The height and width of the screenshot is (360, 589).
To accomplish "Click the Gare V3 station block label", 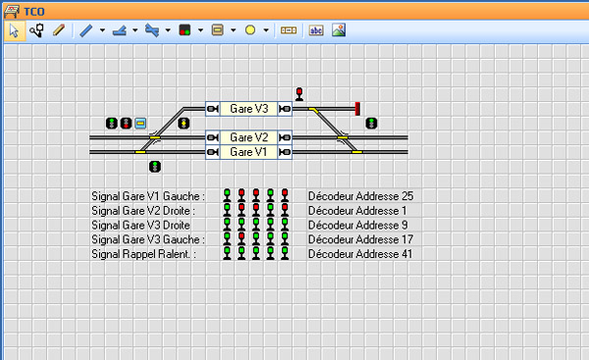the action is pyautogui.click(x=248, y=109).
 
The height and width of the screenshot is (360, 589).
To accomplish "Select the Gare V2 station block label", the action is pyautogui.click(x=248, y=137).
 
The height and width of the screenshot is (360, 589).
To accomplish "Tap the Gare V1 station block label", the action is pyautogui.click(x=248, y=152).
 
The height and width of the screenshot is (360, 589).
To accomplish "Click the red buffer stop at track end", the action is pyautogui.click(x=357, y=109).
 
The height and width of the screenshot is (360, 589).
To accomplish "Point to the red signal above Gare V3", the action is pyautogui.click(x=299, y=94).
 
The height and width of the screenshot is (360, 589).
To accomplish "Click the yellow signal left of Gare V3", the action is pyautogui.click(x=184, y=124).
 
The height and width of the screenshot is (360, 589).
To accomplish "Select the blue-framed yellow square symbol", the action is pyautogui.click(x=140, y=124).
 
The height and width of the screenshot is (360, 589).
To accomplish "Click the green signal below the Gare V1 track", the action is pyautogui.click(x=155, y=167).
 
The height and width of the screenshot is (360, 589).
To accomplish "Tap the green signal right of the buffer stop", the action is pyautogui.click(x=371, y=124).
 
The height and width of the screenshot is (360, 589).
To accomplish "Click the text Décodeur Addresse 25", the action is pyautogui.click(x=360, y=196).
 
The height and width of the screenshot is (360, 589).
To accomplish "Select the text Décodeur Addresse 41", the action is pyautogui.click(x=360, y=254).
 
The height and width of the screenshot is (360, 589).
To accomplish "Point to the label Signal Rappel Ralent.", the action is pyautogui.click(x=144, y=254).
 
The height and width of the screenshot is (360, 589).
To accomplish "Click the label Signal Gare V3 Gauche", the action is pyautogui.click(x=148, y=239).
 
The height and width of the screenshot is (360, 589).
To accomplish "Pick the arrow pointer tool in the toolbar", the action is pyautogui.click(x=15, y=30).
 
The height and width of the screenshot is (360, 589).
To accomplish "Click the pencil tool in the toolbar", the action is pyautogui.click(x=59, y=30).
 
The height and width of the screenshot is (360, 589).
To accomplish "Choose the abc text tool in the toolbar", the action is pyautogui.click(x=316, y=30).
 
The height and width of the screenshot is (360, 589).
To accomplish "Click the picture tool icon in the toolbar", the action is pyautogui.click(x=339, y=30).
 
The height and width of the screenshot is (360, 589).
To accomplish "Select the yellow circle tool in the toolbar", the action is pyautogui.click(x=250, y=30).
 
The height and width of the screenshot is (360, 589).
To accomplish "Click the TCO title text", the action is pyautogui.click(x=34, y=12).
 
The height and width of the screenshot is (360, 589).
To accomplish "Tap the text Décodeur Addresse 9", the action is pyautogui.click(x=357, y=225).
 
